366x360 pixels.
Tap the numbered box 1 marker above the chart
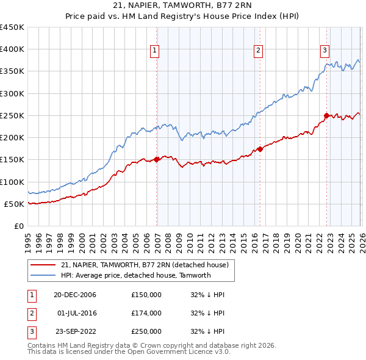click(155, 51)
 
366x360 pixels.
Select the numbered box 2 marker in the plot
click(259, 51)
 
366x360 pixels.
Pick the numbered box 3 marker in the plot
click(325, 51)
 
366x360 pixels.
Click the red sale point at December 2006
click(156, 159)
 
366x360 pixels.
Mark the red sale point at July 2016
click(260, 149)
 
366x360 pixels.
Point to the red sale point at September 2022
click(326, 115)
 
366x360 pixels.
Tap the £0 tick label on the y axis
click(18, 226)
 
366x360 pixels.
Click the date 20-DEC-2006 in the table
click(76, 295)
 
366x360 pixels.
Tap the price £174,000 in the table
click(146, 313)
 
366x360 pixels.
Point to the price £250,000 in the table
click(146, 331)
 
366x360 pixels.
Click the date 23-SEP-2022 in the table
click(76, 331)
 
